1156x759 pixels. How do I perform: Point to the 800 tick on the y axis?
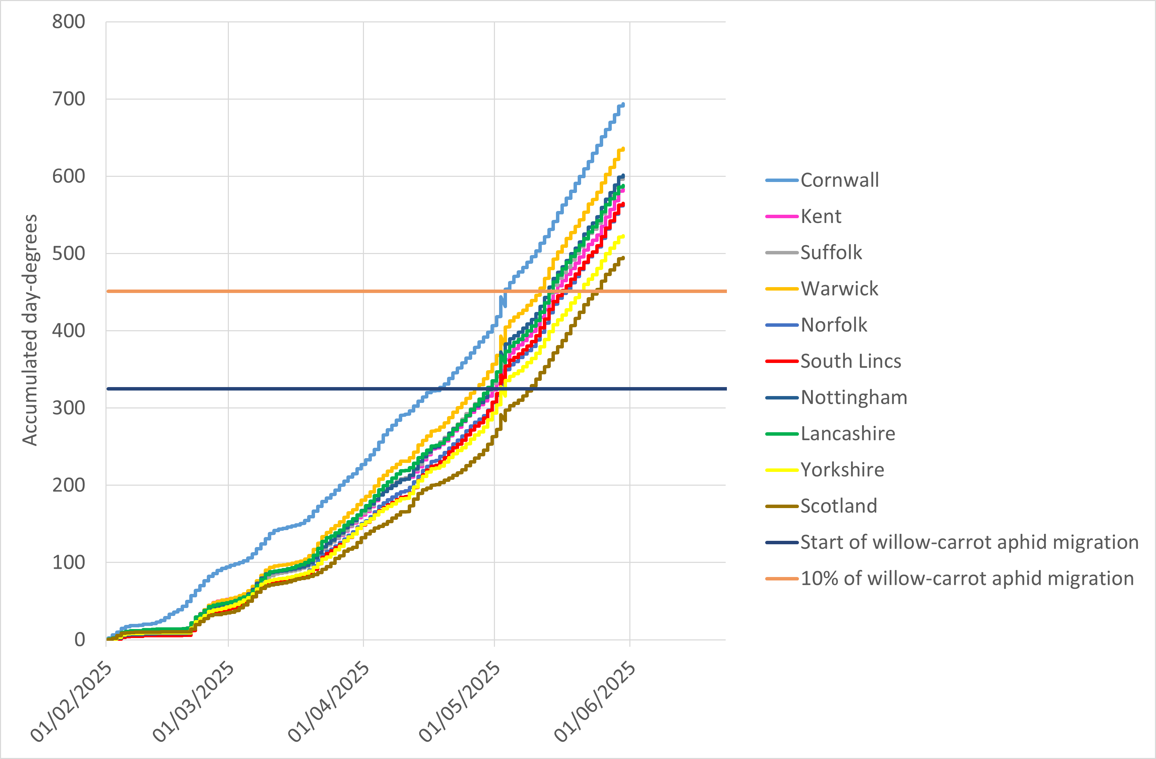pyautogui.click(x=69, y=22)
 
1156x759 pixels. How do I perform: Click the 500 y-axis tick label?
pyautogui.click(x=69, y=253)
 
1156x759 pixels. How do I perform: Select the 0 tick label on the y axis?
pyautogui.click(x=80, y=639)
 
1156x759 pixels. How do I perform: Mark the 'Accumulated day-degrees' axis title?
pyautogui.click(x=30, y=330)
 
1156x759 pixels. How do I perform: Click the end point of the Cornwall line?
pyautogui.click(x=623, y=104)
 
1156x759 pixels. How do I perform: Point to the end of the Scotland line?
pyautogui.click(x=623, y=257)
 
